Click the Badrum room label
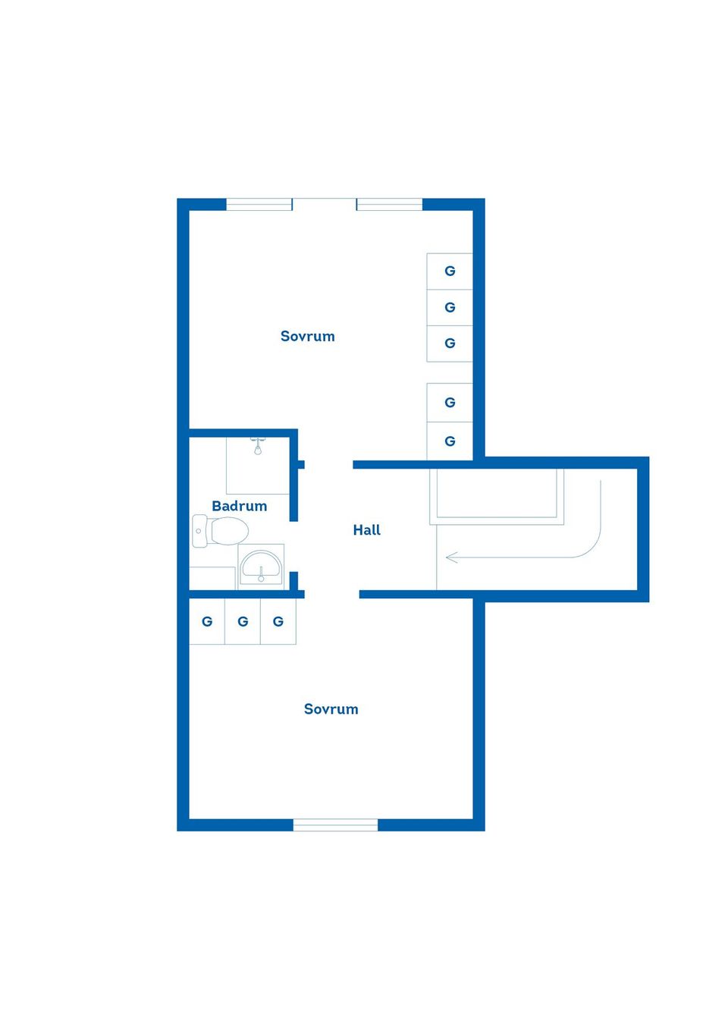click(x=239, y=506)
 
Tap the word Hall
click(x=366, y=529)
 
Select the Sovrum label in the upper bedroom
click(x=307, y=336)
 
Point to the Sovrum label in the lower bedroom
click(x=331, y=708)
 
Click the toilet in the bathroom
click(x=221, y=531)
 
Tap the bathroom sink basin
click(x=261, y=564)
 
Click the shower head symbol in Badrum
click(x=258, y=447)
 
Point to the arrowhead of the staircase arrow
click(x=451, y=557)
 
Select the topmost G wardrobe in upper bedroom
click(x=450, y=272)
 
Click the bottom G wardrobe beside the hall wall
click(x=450, y=441)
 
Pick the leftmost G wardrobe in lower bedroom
click(x=207, y=622)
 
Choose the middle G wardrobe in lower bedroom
click(x=243, y=622)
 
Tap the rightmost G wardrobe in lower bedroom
click(x=278, y=622)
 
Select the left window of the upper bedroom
click(x=259, y=205)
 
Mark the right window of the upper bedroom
click(x=389, y=205)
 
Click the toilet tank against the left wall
click(x=199, y=531)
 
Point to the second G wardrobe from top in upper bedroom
click(x=450, y=308)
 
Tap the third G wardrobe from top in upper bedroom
click(x=450, y=344)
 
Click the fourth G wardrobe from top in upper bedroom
click(x=450, y=402)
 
